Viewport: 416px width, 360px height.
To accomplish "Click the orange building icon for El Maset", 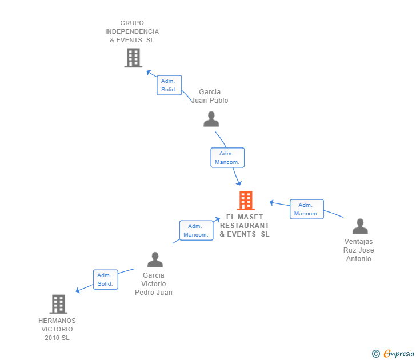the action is [246, 201].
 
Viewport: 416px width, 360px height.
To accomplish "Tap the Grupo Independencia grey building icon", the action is [133, 58].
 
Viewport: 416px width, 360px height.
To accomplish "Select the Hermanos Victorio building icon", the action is [58, 304].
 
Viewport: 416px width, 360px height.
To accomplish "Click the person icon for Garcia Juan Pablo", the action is [211, 119].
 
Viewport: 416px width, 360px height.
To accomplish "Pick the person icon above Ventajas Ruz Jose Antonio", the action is [360, 226].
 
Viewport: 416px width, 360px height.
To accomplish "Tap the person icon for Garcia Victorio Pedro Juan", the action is [155, 260].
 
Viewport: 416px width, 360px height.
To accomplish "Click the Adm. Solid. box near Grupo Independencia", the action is [169, 85].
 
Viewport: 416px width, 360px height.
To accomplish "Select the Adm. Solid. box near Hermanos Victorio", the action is [105, 279].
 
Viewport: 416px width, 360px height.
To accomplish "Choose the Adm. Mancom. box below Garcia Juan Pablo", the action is [227, 158].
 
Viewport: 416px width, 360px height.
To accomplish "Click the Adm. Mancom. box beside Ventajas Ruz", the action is [306, 209].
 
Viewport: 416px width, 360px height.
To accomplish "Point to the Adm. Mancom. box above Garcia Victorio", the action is [196, 230].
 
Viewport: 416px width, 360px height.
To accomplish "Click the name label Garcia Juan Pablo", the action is [210, 96].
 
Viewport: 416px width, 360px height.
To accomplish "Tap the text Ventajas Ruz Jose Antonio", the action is [358, 250].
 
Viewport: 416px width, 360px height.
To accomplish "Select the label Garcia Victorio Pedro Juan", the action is [154, 284].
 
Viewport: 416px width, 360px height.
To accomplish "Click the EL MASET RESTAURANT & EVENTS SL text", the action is [245, 226].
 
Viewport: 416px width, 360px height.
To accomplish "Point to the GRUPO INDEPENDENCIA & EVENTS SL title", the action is [132, 31].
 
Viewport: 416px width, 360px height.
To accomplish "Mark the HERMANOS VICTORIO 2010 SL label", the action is [57, 329].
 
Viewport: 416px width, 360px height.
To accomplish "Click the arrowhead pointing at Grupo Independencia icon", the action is [148, 73].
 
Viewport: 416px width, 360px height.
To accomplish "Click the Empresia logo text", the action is [399, 354].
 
